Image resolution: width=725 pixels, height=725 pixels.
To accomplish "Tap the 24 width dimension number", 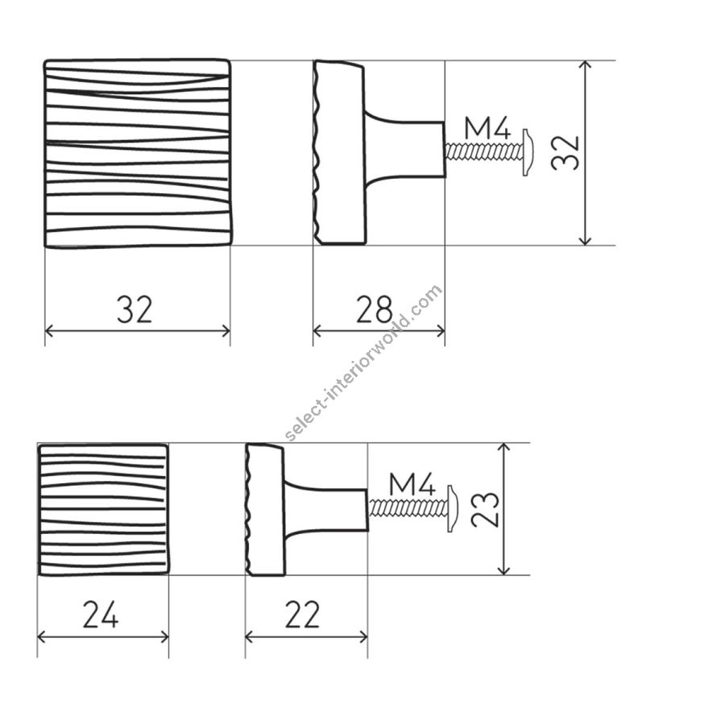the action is tap(101, 615).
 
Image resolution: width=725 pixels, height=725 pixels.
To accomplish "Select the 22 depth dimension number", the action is tap(302, 615).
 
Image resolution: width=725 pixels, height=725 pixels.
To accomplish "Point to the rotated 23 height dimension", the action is tap(485, 510).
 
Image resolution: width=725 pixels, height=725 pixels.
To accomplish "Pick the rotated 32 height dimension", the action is tap(565, 153).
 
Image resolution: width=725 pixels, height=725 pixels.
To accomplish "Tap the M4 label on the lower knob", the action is tap(412, 483).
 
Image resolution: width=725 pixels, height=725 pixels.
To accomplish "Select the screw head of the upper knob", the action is tap(528, 152).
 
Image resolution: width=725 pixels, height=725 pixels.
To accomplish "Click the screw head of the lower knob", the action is tap(453, 508).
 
